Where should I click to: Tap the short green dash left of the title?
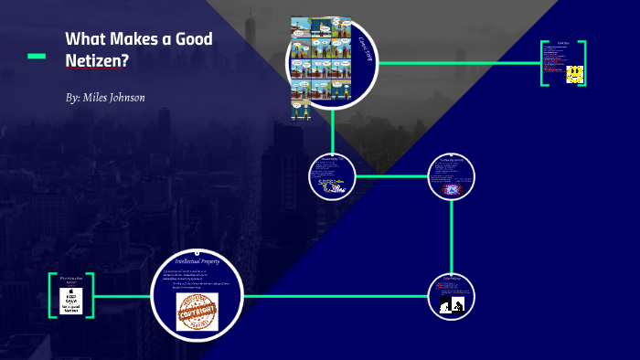[x=37, y=57]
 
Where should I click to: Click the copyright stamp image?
[x=197, y=312]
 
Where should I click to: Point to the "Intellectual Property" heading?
[x=198, y=261]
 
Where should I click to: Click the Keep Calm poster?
[x=72, y=301]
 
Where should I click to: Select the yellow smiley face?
[x=574, y=74]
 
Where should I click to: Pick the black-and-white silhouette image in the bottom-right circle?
[x=452, y=304]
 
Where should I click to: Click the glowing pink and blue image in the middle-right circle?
[x=451, y=189]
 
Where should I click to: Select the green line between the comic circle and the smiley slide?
[x=457, y=63]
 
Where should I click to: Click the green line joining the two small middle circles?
[x=391, y=175]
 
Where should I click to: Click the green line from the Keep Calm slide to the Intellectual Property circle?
[x=123, y=296]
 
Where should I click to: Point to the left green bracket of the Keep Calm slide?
[x=51, y=295]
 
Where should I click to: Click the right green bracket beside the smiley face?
[x=582, y=63]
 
